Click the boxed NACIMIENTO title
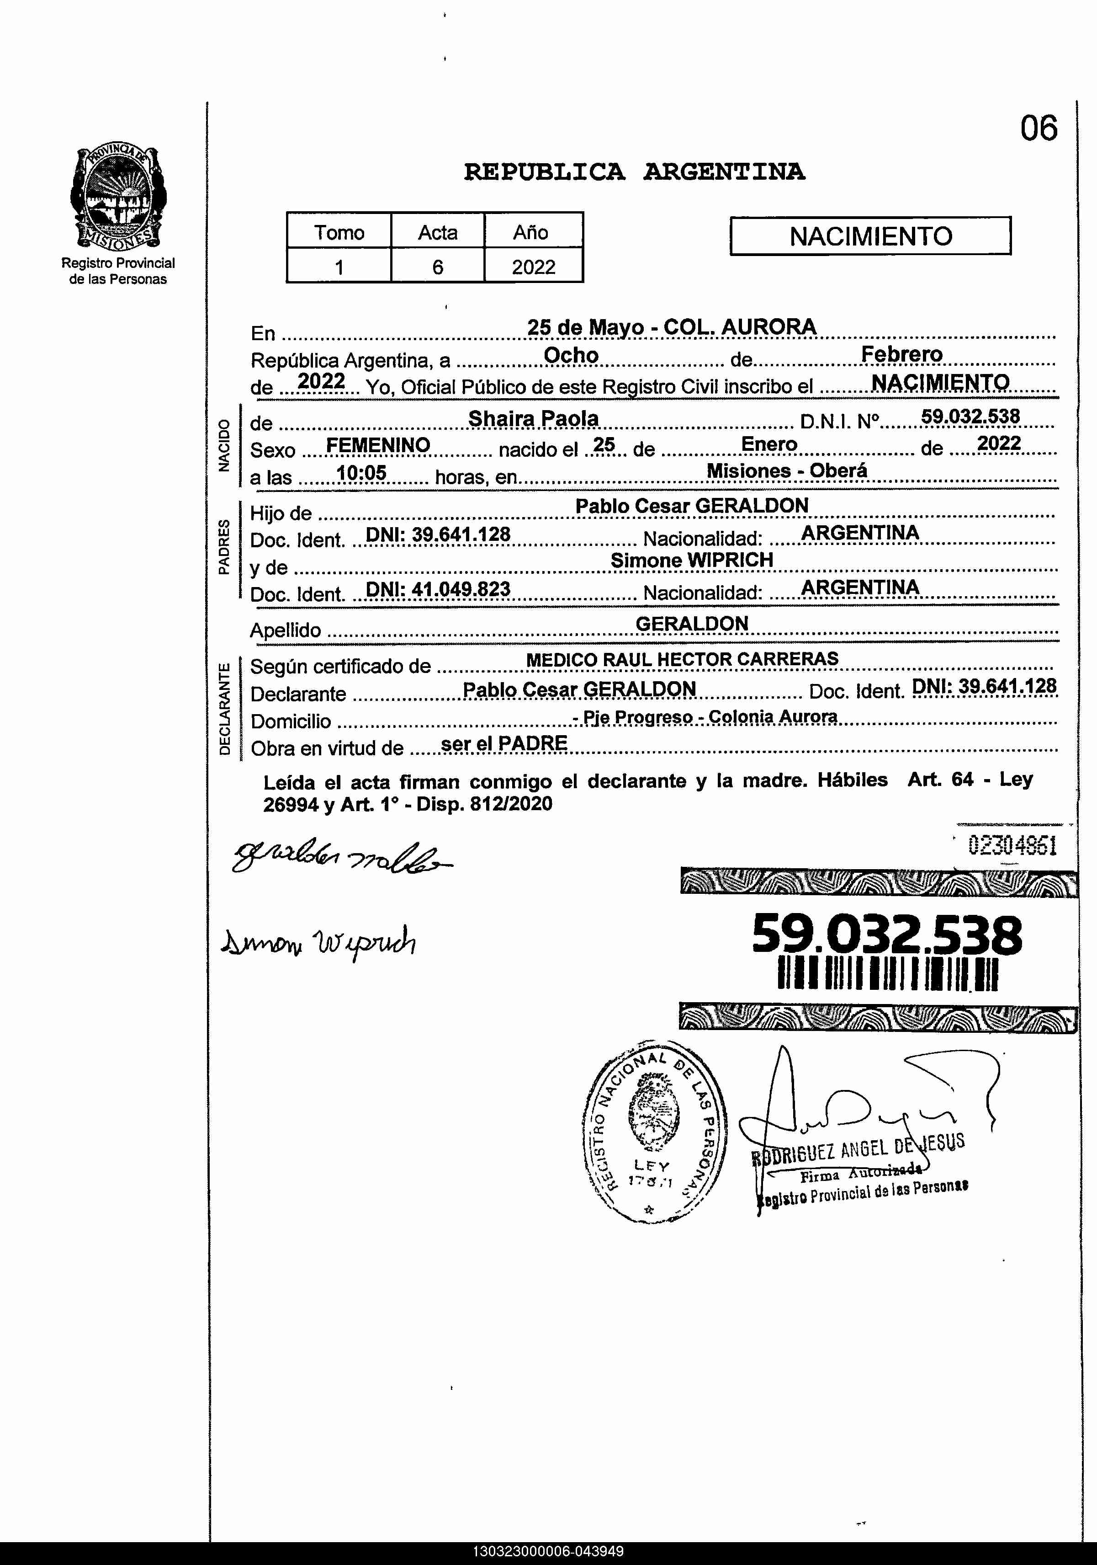(870, 236)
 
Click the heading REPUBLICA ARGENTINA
(634, 172)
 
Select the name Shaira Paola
(533, 418)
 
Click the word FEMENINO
(378, 445)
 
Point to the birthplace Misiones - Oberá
(786, 470)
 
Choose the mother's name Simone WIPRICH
(692, 560)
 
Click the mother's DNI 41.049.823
(438, 589)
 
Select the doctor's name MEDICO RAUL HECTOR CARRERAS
(682, 659)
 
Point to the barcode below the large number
(888, 975)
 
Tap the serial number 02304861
(1012, 846)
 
